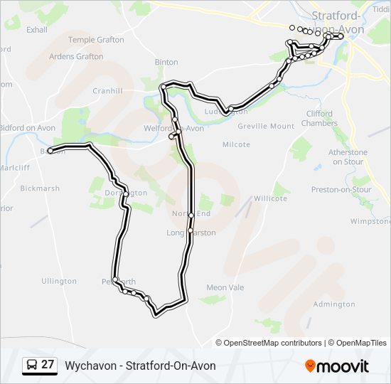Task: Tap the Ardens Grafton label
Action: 76,57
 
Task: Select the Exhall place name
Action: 36,30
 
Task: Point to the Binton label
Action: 166,63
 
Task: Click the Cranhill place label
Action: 107,91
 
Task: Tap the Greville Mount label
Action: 266,126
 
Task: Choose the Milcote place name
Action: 236,144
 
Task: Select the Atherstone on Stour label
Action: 348,157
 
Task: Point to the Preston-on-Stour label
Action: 341,190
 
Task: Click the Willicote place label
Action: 270,198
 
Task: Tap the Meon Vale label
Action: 225,287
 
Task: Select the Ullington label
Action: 59,281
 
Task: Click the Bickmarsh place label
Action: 40,188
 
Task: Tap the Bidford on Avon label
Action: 27,128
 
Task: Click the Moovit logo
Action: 337,366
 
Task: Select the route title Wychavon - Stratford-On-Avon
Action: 140,366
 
